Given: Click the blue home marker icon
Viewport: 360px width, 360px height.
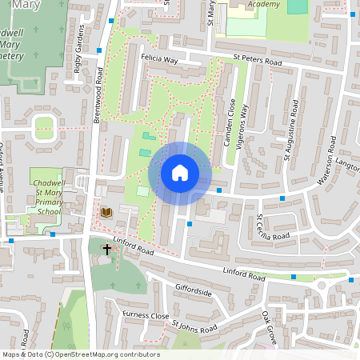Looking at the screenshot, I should click(x=180, y=173).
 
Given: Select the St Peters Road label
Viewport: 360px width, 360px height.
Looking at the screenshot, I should click(x=258, y=59).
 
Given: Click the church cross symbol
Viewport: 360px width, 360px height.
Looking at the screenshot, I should click(x=106, y=250).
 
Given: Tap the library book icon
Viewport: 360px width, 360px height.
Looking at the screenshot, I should click(x=106, y=212).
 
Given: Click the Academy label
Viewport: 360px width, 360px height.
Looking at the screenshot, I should click(x=264, y=5).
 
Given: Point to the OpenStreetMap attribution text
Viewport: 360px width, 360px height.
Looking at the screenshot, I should click(x=80, y=354).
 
